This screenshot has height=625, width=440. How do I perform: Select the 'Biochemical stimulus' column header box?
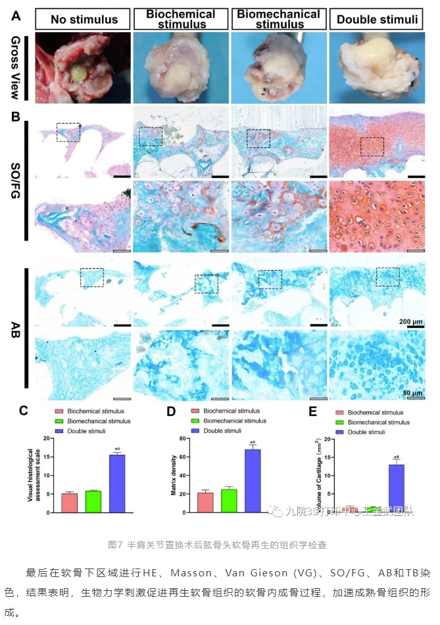pos(180,19)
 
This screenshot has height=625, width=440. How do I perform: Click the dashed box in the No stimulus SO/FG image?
pos(68,131)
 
